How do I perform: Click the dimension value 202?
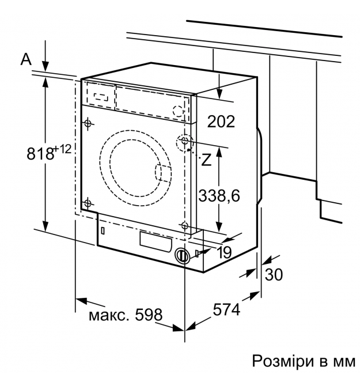221,122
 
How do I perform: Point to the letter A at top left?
25,58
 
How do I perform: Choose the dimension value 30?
274,275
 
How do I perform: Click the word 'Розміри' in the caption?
277,361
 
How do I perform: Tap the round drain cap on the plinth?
183,256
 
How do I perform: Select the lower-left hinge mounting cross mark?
88,202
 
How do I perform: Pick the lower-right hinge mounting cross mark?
184,225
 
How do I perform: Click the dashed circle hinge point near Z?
185,141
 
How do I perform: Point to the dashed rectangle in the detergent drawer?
101,95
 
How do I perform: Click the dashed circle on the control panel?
179,109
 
